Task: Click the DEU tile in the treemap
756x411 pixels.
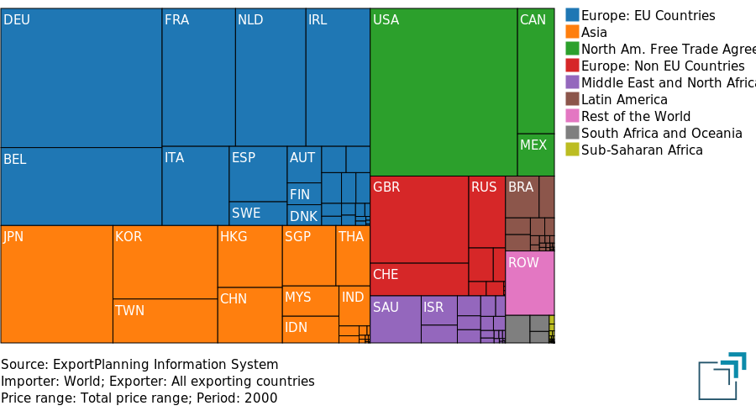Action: coord(81,77)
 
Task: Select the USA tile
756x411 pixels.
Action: coord(443,92)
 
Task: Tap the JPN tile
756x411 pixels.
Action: coord(56,284)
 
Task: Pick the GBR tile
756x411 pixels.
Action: coord(418,219)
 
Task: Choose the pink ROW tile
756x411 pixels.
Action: coord(529,282)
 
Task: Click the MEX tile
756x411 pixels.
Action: coord(535,154)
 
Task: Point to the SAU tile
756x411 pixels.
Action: coord(395,319)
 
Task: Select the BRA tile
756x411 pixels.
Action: coord(522,197)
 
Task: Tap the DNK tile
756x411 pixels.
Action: coord(304,216)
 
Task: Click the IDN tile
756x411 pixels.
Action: coord(310,329)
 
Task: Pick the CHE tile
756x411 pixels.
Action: coord(418,279)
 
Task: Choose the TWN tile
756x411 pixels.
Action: coord(165,320)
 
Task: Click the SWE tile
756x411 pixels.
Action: coord(257,213)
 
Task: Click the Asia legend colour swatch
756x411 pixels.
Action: coord(572,32)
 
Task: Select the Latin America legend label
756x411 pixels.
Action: coord(624,99)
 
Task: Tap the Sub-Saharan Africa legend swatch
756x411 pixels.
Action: coord(572,150)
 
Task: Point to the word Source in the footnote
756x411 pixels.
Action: coord(23,365)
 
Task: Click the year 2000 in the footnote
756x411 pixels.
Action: coord(262,398)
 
